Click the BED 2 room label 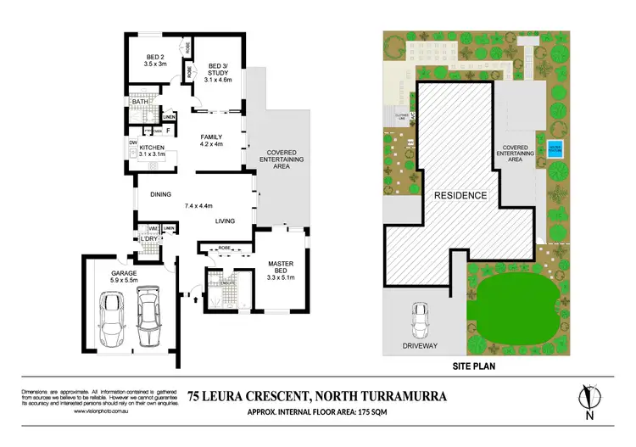tap(153, 59)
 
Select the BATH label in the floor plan tap(139, 102)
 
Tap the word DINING tap(161, 194)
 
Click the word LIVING tap(225, 221)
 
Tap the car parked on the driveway tap(419, 321)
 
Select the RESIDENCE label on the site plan tap(461, 195)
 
